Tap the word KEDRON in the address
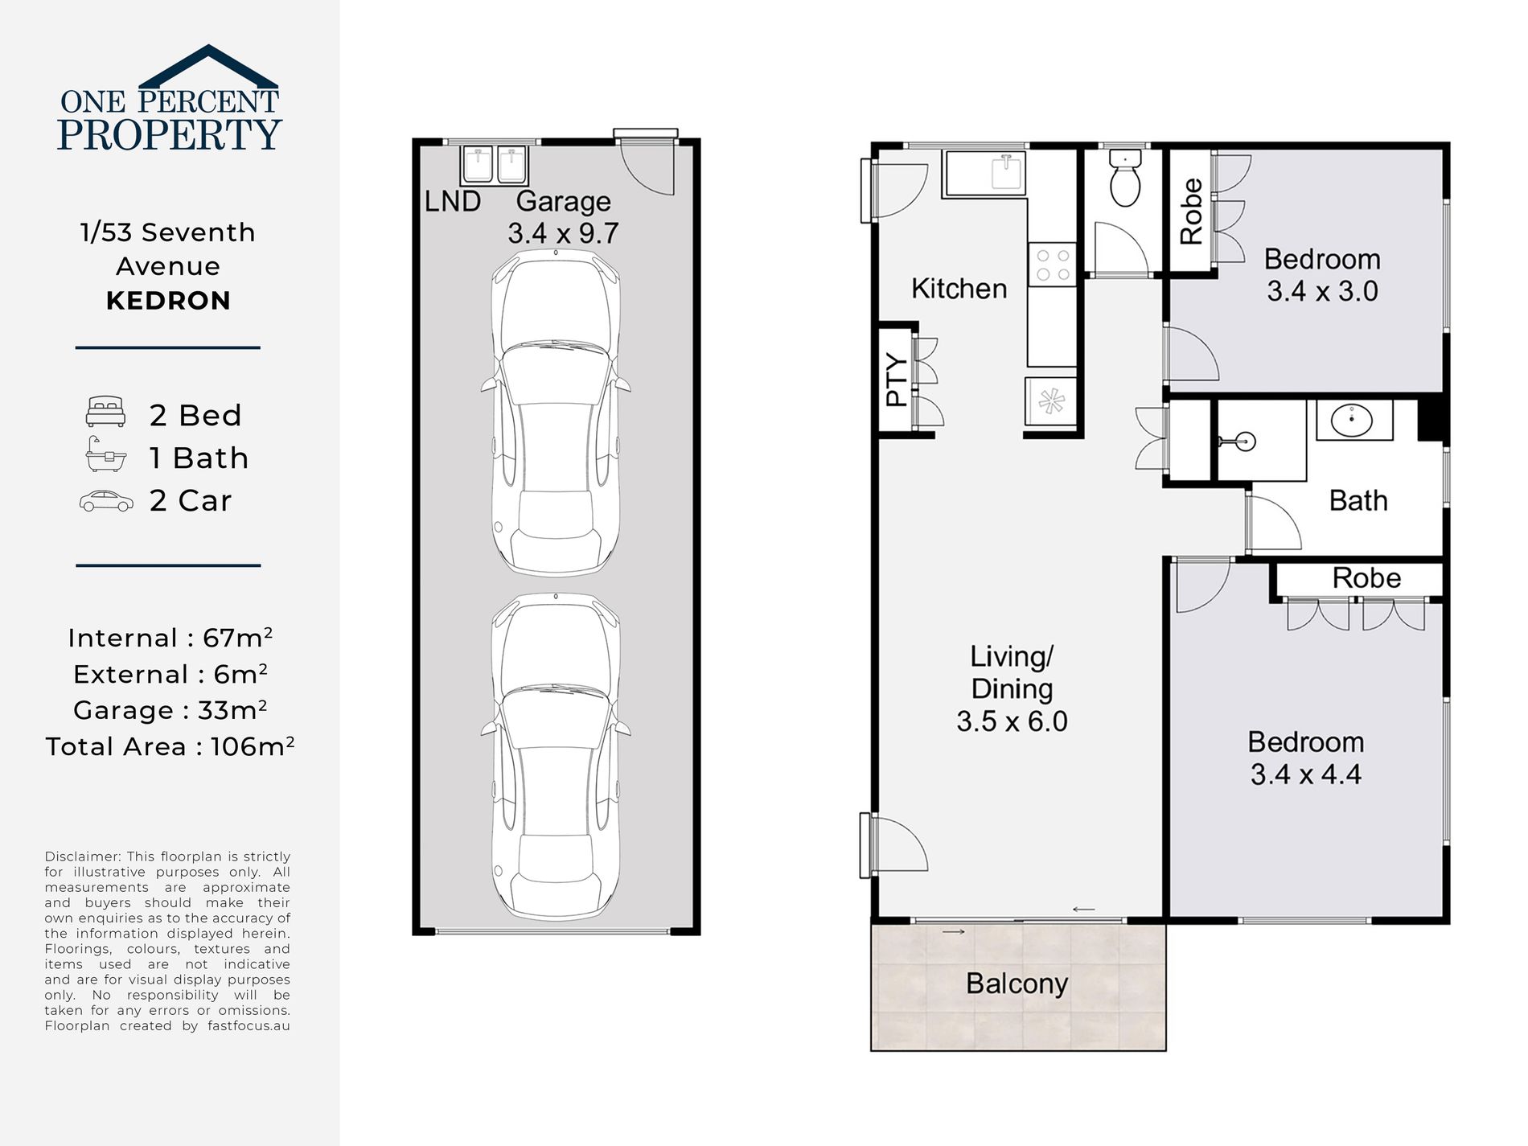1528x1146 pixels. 168,301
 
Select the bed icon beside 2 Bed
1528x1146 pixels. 105,411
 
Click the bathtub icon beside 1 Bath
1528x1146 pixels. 106,454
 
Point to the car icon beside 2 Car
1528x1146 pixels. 106,501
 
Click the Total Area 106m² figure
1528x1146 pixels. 170,746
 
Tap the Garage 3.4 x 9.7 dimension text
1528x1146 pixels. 563,233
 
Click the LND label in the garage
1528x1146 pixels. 453,201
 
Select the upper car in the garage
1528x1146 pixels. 556,412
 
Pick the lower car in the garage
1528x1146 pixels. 556,756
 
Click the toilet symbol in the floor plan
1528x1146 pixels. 1125,178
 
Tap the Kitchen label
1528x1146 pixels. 959,288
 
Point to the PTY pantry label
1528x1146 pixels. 896,380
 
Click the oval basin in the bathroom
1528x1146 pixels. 1351,419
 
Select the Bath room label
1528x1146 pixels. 1358,500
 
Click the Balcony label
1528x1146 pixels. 1017,984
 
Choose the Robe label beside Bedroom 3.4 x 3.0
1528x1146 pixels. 1191,212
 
